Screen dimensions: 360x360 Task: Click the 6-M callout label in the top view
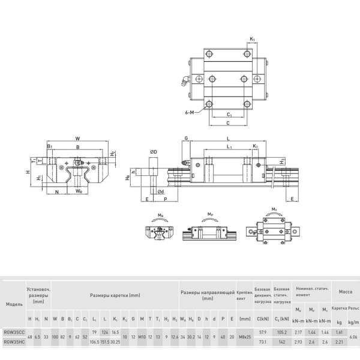(x=190, y=112)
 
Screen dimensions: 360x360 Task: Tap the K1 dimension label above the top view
(x=252, y=39)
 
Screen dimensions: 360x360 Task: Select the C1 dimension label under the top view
(x=229, y=114)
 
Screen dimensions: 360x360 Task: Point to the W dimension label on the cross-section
(x=77, y=137)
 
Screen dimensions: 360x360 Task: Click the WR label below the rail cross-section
(x=79, y=191)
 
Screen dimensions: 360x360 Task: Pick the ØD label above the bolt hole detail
(x=154, y=152)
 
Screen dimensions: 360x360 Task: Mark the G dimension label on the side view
(x=187, y=139)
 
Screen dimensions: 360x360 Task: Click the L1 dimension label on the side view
(x=229, y=146)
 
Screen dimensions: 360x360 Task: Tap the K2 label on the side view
(x=255, y=146)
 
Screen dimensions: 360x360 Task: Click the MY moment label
(x=274, y=209)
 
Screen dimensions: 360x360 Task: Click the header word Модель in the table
(x=14, y=304)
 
